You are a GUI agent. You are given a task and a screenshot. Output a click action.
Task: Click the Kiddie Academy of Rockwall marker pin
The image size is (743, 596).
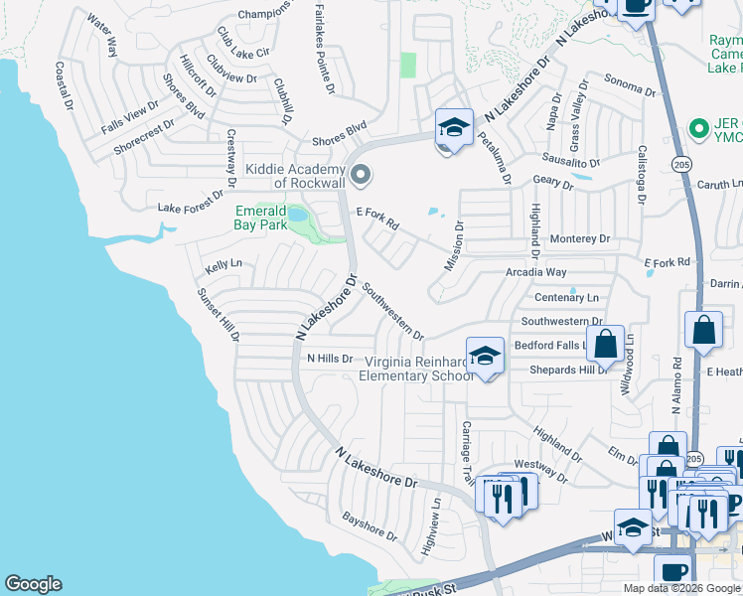(361, 176)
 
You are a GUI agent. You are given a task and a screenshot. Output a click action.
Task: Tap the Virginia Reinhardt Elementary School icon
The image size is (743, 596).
(484, 357)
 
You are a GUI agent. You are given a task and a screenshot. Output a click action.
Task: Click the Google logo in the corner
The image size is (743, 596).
(33, 584)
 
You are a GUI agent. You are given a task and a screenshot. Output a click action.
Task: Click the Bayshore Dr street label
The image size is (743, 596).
(370, 527)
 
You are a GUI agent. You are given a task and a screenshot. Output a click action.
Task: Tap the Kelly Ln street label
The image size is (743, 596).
(223, 265)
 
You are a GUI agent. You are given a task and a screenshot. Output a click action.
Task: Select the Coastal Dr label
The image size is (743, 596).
(65, 85)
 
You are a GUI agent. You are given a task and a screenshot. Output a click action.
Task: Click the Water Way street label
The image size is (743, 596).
(101, 34)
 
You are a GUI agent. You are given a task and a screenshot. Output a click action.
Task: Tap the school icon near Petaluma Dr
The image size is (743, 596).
(454, 128)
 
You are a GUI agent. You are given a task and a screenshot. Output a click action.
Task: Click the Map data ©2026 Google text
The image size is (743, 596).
(681, 588)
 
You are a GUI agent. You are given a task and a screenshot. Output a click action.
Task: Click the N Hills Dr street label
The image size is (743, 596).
(330, 359)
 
